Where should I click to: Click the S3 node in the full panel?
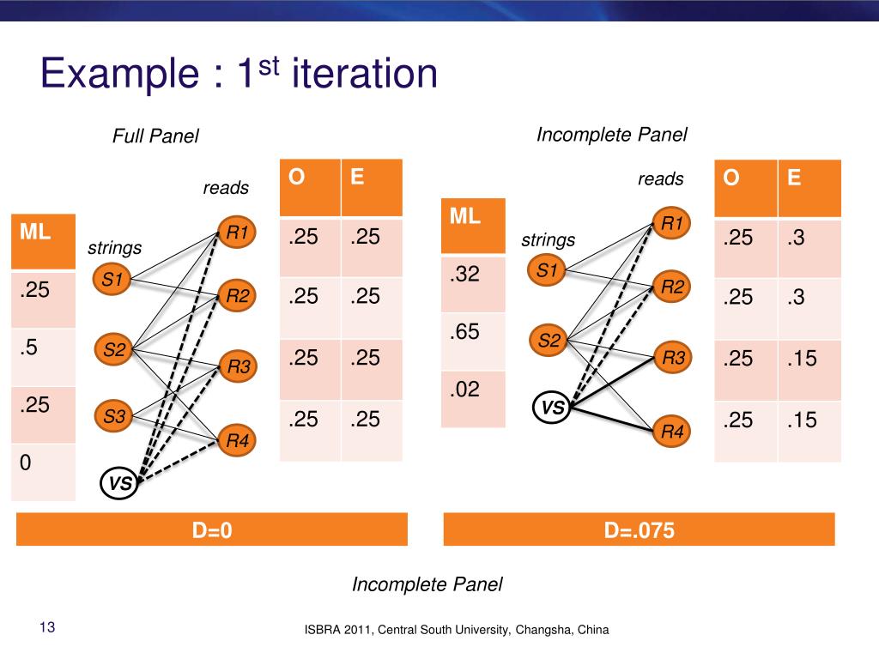click(x=114, y=417)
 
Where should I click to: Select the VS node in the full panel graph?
click(x=120, y=484)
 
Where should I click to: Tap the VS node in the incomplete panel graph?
click(x=552, y=408)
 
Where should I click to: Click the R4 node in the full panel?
click(x=237, y=441)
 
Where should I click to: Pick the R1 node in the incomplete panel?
click(x=671, y=224)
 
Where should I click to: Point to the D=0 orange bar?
click(x=212, y=530)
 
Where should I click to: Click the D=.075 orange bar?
click(x=640, y=530)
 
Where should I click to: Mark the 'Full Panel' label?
click(x=155, y=136)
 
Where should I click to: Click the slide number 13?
click(x=46, y=628)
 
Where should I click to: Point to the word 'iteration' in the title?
click(x=365, y=75)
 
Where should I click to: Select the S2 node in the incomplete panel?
click(x=549, y=342)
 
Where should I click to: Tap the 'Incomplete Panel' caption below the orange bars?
click(x=427, y=584)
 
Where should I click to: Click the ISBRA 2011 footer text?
click(x=457, y=630)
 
